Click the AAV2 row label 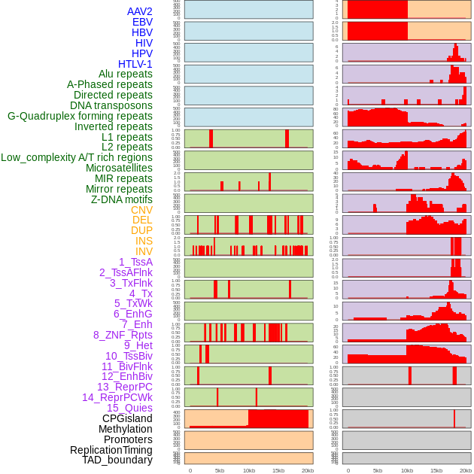point(140,11)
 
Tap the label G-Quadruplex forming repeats point(80,116)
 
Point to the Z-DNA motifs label point(122,199)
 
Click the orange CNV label point(141,210)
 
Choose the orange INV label point(144,251)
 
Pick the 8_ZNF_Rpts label point(123,335)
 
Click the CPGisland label point(127,418)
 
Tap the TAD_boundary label point(117,460)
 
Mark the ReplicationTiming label point(111,450)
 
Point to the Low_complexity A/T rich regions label point(77,157)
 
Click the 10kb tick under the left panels point(249,470)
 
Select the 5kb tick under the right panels point(378,470)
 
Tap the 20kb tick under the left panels point(308,470)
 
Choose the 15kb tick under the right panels point(436,470)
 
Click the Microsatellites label point(119,168)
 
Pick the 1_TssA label point(135,262)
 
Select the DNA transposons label point(111,105)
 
